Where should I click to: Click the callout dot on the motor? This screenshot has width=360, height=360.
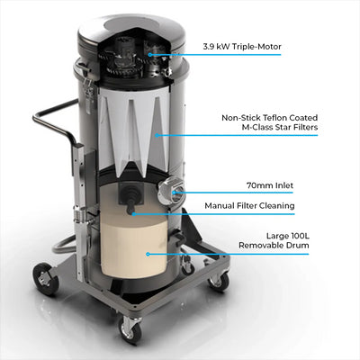point(150,55)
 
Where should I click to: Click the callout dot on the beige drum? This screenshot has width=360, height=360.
point(147,254)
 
